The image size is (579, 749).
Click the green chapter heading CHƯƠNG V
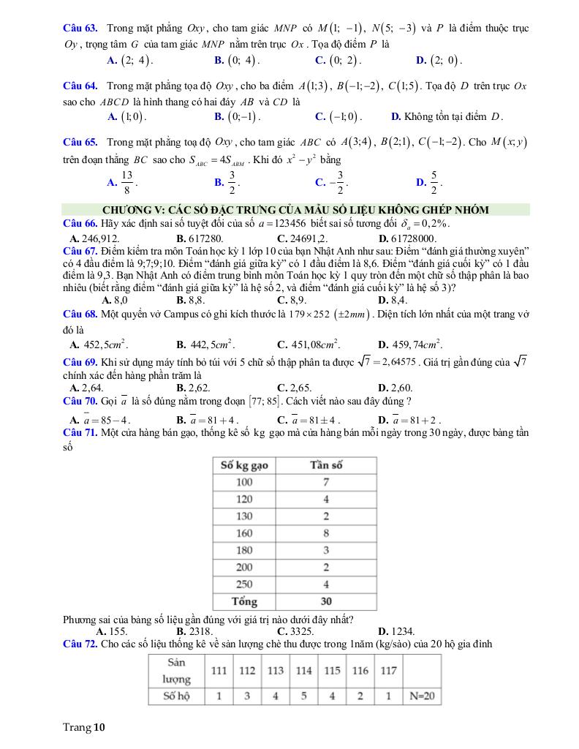295,210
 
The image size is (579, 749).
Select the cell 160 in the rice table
244,533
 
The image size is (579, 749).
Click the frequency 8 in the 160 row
326,533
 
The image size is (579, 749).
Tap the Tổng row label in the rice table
244,602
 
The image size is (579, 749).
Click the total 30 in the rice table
326,602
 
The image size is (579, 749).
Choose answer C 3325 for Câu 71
295,631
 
